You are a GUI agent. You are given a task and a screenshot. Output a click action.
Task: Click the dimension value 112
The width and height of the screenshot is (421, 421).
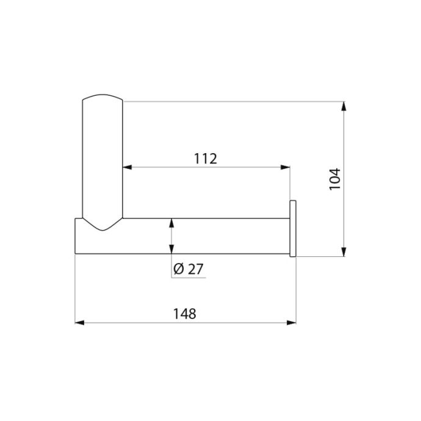click(206, 159)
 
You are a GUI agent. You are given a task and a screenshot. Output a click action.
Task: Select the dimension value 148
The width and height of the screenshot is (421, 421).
click(185, 314)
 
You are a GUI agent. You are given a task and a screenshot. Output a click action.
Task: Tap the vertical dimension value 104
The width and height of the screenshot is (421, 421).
click(335, 179)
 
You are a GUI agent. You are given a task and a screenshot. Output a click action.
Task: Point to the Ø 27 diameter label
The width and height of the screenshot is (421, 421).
click(189, 269)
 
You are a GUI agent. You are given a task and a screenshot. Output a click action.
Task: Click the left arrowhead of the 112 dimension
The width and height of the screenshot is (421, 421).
click(127, 167)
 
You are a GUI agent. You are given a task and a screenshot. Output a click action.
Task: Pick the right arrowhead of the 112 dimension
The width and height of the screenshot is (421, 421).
click(286, 167)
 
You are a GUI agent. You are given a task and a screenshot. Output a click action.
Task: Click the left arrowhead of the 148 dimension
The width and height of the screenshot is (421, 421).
click(79, 323)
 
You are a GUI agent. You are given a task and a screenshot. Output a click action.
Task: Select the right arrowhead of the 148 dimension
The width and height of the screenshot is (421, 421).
click(291, 323)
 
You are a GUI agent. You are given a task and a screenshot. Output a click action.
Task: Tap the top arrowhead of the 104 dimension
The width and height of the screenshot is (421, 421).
click(344, 106)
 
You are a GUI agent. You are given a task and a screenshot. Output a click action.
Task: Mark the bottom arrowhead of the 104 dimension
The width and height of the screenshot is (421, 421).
click(344, 252)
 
